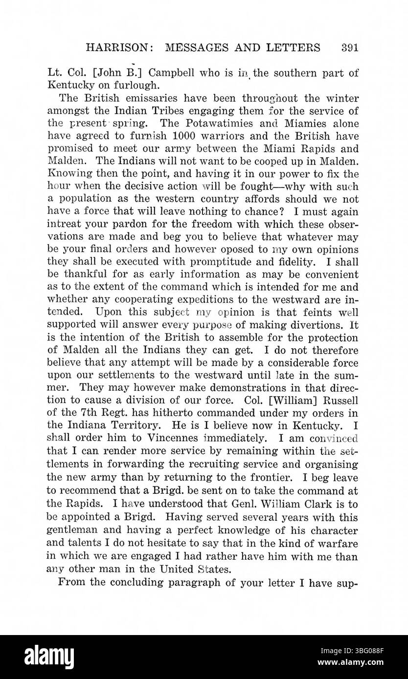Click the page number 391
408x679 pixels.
pyautogui.click(x=350, y=48)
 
